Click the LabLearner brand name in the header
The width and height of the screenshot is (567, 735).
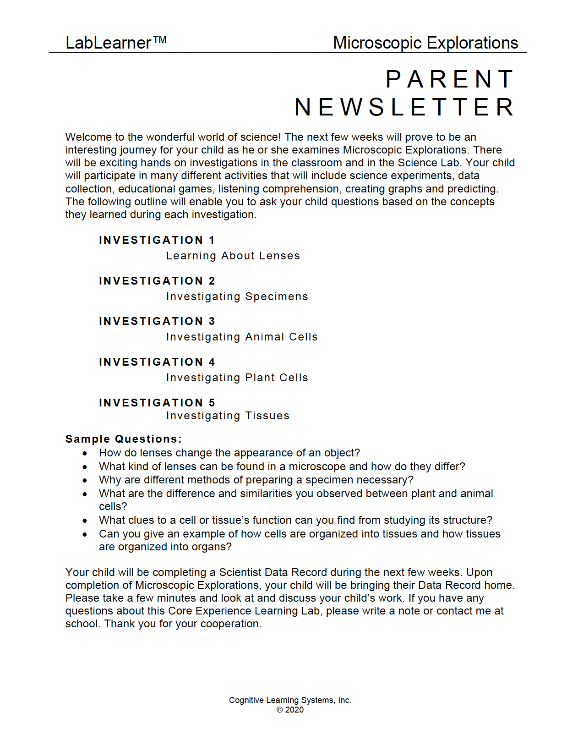(115, 43)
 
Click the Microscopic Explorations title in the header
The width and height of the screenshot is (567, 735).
(425, 43)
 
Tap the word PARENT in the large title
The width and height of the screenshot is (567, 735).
(450, 79)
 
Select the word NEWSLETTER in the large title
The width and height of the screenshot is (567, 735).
(404, 107)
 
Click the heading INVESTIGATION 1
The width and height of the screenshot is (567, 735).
(157, 240)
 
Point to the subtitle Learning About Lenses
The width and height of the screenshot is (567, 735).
(233, 256)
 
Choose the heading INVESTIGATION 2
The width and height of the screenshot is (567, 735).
(157, 281)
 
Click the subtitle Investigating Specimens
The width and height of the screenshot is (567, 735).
(237, 296)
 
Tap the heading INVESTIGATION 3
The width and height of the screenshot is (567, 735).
(157, 321)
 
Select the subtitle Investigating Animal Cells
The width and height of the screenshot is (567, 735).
(241, 337)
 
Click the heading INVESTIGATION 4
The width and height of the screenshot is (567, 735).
(157, 362)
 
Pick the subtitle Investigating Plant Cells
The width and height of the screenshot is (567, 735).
(237, 378)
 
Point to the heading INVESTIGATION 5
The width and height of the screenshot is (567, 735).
(157, 403)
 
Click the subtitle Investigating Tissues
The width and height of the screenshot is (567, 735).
(228, 416)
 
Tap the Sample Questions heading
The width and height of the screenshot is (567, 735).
(124, 439)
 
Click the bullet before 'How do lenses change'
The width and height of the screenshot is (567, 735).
(85, 453)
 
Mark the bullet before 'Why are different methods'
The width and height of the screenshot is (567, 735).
(85, 480)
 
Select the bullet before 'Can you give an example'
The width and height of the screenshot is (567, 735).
(85, 534)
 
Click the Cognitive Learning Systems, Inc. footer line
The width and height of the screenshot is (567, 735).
(290, 700)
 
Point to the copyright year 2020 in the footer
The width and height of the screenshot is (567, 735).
(294, 710)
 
